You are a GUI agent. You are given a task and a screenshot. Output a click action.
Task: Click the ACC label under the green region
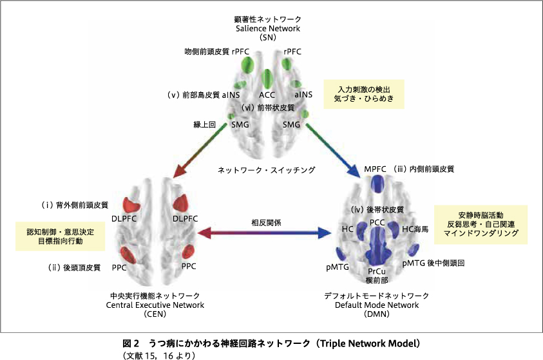[x=267, y=95]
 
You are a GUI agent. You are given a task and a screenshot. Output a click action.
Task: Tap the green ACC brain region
[x=267, y=79]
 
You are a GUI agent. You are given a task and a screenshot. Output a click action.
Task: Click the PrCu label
[x=377, y=271]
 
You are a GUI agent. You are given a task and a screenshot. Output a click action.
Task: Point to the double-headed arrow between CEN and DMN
[x=265, y=233]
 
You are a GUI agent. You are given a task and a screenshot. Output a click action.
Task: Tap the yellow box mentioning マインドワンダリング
[x=481, y=225]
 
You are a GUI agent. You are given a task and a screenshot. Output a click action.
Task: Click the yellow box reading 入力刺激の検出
[x=364, y=94]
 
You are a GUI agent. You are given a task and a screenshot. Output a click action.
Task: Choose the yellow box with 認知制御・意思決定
[x=61, y=236]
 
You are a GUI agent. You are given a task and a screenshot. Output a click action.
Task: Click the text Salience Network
[x=268, y=28]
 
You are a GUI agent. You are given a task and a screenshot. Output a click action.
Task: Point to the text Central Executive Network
[x=155, y=305]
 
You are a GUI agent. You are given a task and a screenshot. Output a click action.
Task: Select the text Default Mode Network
[x=377, y=305]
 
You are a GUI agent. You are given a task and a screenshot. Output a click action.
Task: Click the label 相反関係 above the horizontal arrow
[x=266, y=223]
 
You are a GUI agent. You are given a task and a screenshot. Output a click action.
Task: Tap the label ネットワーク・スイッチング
[x=266, y=170]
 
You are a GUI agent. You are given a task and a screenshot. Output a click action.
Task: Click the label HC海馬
[x=415, y=229]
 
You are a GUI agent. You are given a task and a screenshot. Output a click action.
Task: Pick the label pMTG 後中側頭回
[x=433, y=263]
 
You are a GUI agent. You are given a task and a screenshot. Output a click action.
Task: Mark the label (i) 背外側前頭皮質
[x=75, y=205]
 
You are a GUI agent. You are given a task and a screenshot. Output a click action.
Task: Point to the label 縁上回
[x=204, y=125]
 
